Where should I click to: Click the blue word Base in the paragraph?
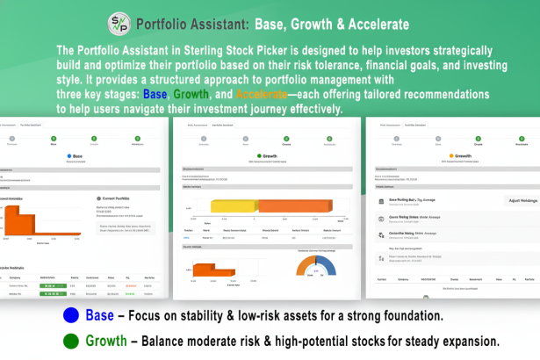pyautogui.click(x=155, y=95)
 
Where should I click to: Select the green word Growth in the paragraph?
pyautogui.click(x=191, y=95)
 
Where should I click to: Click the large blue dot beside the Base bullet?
pyautogui.click(x=70, y=316)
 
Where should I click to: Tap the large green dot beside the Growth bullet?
pyautogui.click(x=70, y=340)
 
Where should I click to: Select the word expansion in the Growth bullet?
pyautogui.click(x=465, y=340)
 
